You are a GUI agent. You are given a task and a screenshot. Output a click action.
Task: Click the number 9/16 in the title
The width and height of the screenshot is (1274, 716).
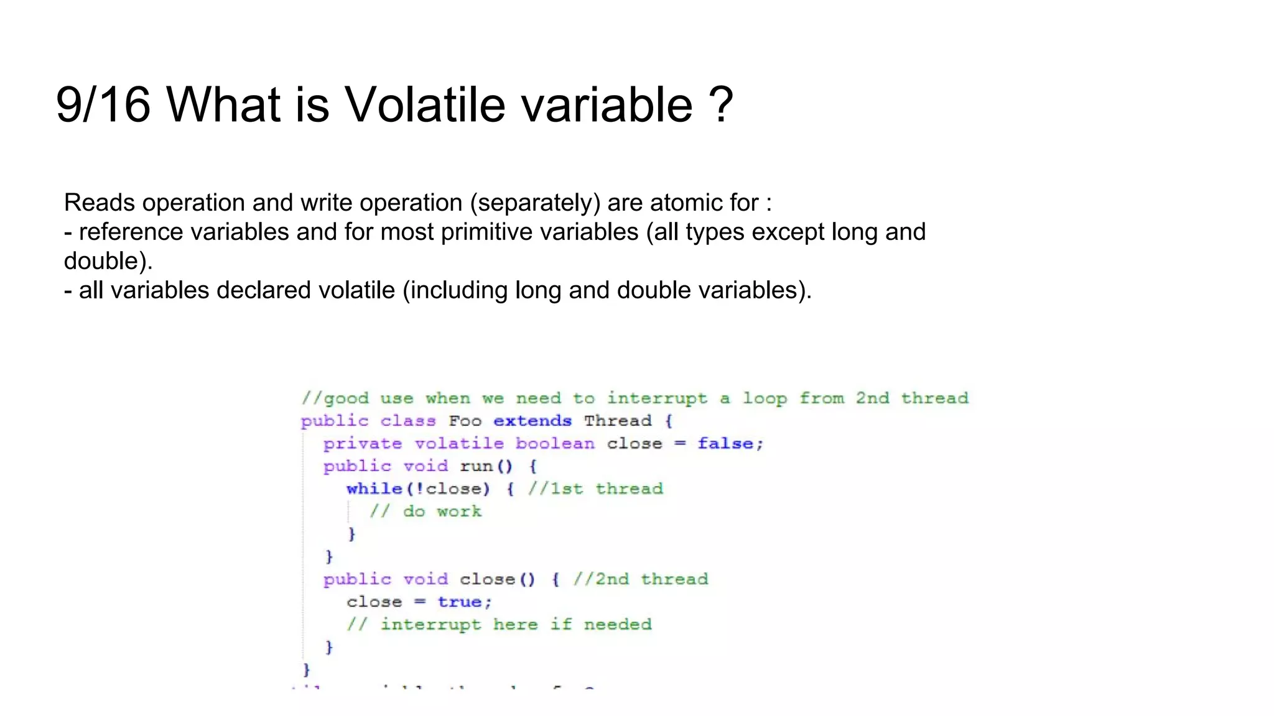(103, 104)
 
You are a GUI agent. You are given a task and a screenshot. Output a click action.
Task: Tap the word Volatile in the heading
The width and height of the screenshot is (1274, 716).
(425, 104)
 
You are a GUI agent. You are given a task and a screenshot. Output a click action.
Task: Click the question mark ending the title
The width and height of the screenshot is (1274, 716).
(721, 104)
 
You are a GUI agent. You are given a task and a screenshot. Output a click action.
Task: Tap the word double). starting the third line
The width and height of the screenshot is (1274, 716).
(108, 261)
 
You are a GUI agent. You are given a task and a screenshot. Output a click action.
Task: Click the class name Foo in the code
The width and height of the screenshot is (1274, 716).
(465, 421)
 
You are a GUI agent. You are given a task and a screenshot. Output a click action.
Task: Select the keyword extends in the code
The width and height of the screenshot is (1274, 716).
(532, 421)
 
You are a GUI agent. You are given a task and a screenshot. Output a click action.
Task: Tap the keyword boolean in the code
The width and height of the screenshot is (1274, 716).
(555, 444)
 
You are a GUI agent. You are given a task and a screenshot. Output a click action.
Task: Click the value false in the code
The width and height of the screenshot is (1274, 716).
(725, 444)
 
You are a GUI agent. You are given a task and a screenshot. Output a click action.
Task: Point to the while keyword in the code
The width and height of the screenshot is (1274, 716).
(374, 489)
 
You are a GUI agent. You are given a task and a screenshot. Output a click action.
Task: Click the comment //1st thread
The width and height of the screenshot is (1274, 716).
(596, 489)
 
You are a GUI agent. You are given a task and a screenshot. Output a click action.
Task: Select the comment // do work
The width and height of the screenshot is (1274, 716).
(425, 512)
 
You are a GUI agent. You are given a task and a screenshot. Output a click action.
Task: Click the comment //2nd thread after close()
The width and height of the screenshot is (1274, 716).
(641, 579)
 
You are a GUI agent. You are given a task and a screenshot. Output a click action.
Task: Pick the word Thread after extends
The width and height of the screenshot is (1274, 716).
(618, 421)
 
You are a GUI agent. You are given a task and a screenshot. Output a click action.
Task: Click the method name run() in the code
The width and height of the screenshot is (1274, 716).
(486, 466)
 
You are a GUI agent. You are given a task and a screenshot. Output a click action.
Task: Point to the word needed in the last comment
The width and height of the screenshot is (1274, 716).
(618, 624)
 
